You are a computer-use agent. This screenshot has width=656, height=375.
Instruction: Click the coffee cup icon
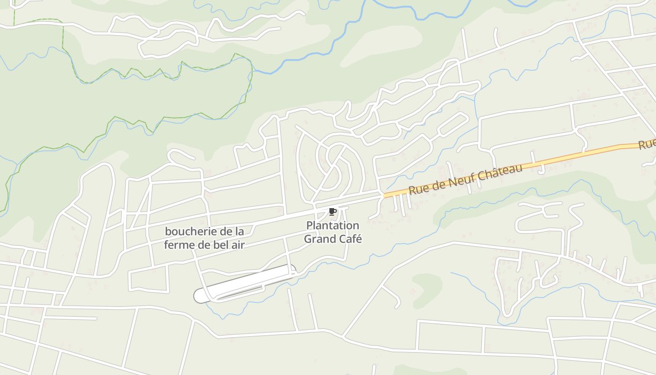[x=333, y=212]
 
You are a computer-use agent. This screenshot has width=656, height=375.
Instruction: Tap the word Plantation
[x=333, y=225]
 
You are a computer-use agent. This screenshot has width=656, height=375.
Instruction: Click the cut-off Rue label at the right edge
[x=647, y=144]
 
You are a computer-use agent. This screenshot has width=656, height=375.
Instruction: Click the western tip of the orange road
[x=385, y=195]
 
